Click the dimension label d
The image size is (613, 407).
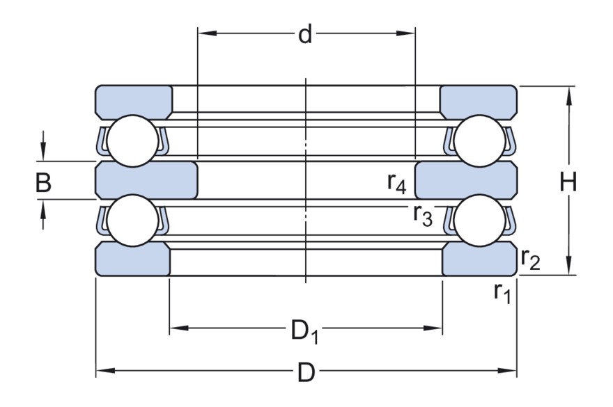[305, 35]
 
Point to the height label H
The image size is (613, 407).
[569, 182]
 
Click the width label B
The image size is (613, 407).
[44, 182]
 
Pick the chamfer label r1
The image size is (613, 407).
[502, 293]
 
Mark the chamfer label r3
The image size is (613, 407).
[423, 216]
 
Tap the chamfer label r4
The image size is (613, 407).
[398, 182]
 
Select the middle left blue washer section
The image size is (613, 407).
[146, 180]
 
